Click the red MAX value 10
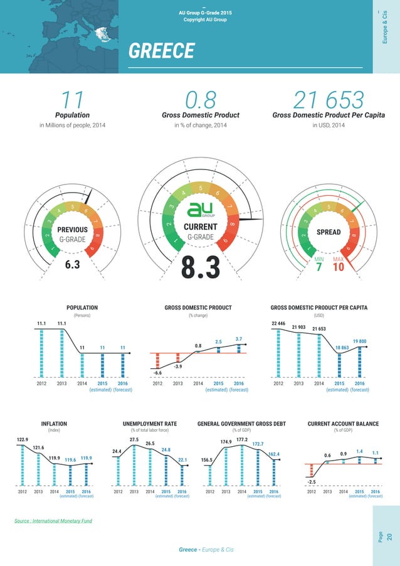(339, 268)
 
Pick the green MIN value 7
(318, 268)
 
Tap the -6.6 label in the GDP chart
(157, 372)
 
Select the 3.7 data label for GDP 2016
(238, 339)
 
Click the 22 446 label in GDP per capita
(278, 323)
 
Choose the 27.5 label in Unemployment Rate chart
(134, 440)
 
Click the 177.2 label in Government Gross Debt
(242, 440)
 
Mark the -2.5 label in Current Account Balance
(311, 481)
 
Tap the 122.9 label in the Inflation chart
(22, 439)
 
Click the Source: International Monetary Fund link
(53, 521)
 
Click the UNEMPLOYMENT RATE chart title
(150, 424)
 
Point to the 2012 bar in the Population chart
(42, 352)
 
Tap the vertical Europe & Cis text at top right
(386, 28)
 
